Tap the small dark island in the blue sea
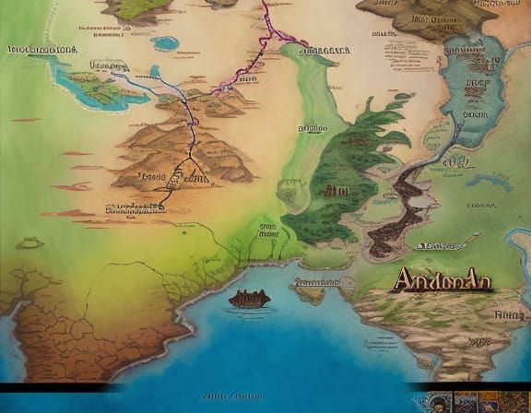point(249,298)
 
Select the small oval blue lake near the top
point(165,43)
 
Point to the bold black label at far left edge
point(41,49)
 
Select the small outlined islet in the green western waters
point(29,242)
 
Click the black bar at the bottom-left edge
point(55,386)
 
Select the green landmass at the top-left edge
point(138,9)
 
